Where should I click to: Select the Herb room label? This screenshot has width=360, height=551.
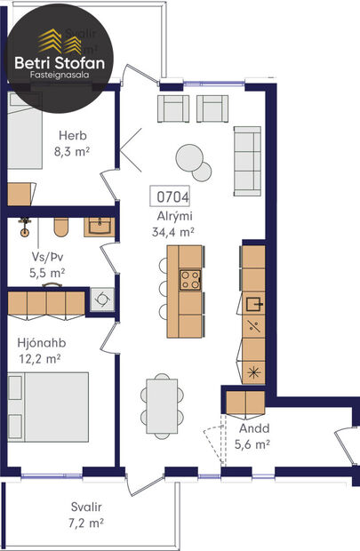(72, 135)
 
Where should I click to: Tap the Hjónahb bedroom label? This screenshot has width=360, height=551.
(39, 341)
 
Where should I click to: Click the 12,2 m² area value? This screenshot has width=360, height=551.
(39, 358)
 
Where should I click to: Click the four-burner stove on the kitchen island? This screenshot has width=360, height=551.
(190, 281)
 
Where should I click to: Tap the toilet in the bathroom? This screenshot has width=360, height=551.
(60, 228)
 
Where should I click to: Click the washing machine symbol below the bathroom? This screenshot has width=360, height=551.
(102, 300)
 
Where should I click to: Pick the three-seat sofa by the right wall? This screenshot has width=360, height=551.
(246, 160)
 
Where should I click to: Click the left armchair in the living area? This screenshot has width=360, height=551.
(172, 109)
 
